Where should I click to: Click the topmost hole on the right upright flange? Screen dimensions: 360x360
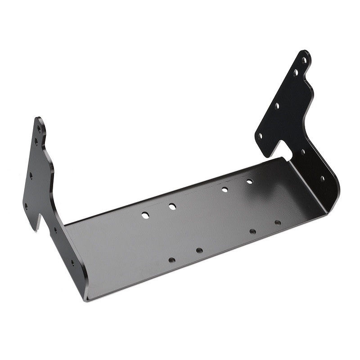coord(304,60)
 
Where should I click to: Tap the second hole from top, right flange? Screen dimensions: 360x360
coord(296,72)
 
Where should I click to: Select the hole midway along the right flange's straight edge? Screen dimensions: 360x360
coord(277,106)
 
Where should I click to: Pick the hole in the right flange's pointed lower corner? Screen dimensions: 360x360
coord(260,136)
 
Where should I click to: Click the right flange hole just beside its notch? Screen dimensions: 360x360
coord(303,152)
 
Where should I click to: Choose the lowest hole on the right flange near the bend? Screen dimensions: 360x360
coord(322,178)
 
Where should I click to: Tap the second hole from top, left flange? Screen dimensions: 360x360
coord(36,143)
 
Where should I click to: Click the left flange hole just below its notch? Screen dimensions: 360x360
coord(55,230)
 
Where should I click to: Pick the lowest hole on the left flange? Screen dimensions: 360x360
coord(72,262)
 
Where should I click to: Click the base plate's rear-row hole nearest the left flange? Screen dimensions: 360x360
coord(145,215)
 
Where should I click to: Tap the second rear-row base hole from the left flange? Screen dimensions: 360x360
coord(172,207)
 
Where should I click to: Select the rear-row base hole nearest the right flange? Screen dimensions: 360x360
coord(249,181)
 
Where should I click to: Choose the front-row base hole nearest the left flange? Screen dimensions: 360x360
coord(172,260)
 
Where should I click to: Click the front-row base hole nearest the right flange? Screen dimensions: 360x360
coord(278,223)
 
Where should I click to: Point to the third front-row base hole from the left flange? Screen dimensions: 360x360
coord(253,231)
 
